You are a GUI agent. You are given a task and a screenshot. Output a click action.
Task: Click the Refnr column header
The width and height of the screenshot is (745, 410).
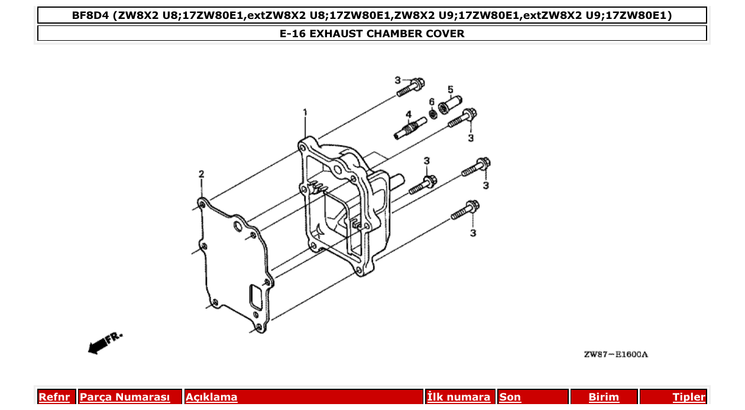[54, 397]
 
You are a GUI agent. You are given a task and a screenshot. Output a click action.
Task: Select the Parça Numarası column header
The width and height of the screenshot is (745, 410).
[125, 397]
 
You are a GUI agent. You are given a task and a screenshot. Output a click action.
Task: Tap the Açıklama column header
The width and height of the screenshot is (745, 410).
[212, 397]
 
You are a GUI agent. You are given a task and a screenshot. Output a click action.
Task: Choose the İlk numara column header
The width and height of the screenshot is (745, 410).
[459, 397]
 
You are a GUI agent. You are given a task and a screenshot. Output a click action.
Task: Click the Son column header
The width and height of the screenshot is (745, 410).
[510, 397]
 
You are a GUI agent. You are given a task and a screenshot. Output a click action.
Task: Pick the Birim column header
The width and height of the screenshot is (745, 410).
[604, 397]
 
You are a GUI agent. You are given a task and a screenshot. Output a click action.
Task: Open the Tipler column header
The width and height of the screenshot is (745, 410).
[689, 397]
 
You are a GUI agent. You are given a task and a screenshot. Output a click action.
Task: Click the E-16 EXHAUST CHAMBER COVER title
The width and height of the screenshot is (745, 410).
[372, 34]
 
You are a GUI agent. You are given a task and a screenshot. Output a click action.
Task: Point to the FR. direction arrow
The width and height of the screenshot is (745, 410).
[104, 343]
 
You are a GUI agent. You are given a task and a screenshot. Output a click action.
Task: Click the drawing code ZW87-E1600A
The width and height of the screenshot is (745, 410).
[616, 354]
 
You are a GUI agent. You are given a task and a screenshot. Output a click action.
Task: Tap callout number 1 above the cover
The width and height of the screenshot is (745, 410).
[305, 112]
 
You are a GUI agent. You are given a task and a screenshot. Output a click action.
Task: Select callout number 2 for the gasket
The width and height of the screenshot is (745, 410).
[201, 174]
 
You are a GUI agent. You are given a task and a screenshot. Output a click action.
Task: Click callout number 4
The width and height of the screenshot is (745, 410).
[408, 114]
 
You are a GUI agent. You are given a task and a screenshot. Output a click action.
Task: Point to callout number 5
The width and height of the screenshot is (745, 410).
[450, 90]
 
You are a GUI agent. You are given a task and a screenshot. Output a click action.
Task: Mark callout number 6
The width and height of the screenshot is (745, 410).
[432, 101]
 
